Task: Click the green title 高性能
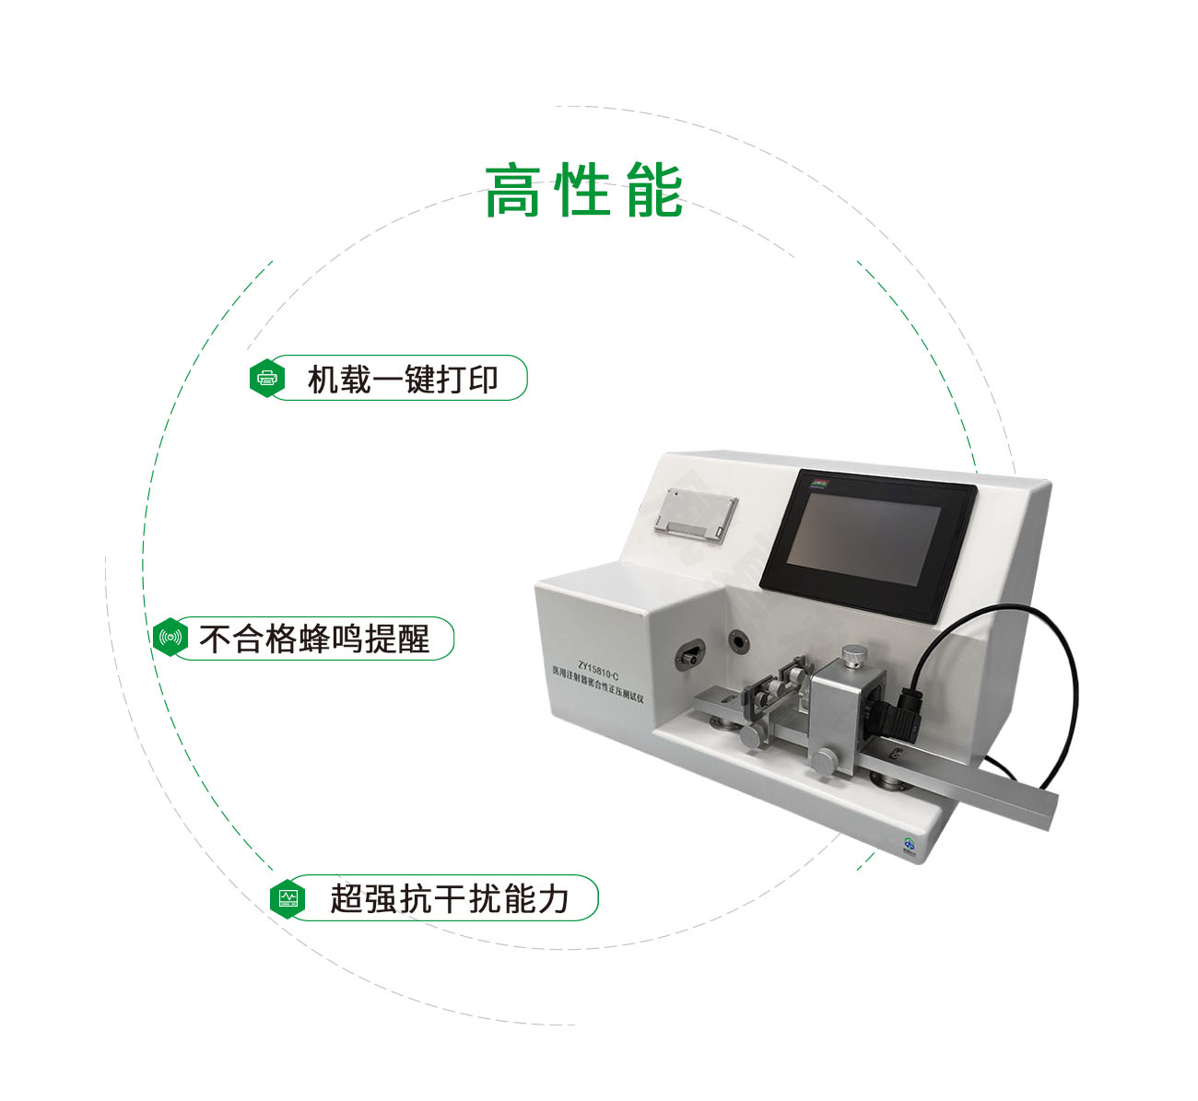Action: coord(583,191)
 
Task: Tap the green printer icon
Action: coord(267,379)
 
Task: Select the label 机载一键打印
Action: coord(403,379)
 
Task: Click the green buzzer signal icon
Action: coord(170,638)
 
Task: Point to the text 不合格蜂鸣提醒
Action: coord(314,638)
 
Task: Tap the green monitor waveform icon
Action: coord(288,897)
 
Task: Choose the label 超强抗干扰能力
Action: coord(450,898)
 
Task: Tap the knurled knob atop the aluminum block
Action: coord(854,655)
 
